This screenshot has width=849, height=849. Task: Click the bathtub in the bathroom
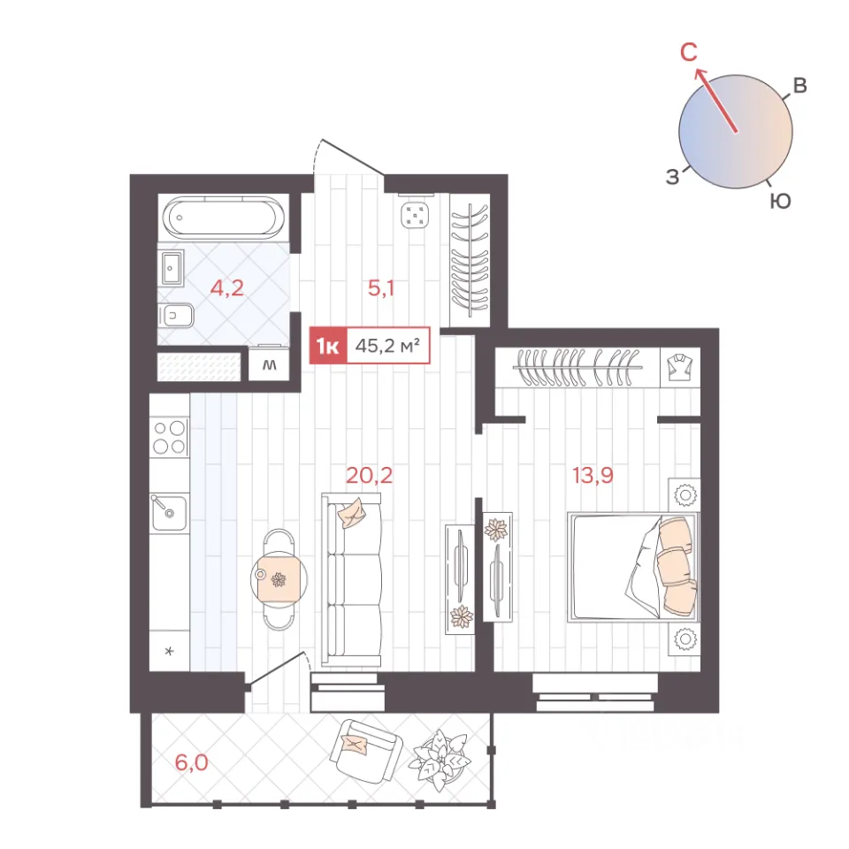(223, 217)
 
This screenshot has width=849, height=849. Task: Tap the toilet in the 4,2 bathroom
(176, 315)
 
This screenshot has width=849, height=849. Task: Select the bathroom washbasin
(172, 268)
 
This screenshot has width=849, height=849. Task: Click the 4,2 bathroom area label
(227, 288)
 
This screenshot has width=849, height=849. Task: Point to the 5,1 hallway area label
(381, 288)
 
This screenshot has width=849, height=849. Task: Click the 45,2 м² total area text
(387, 346)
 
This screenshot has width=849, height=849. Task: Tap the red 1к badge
(328, 346)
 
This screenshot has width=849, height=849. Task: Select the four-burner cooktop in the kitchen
(170, 437)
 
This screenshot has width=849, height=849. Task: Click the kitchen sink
(168, 512)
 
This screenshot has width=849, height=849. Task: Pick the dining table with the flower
(279, 580)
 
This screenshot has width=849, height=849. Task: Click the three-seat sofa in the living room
(351, 580)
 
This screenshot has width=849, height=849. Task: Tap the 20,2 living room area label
(370, 476)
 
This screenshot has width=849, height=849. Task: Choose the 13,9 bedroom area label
(593, 476)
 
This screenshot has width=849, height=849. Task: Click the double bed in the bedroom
(633, 566)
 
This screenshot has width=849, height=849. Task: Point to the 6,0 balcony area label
(192, 762)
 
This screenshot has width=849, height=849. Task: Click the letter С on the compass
(689, 52)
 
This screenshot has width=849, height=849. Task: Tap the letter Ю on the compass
(780, 202)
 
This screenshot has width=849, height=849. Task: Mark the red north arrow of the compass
(715, 100)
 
